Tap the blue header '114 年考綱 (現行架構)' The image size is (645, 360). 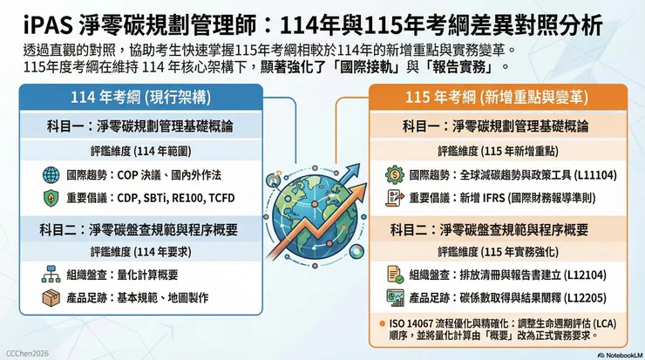[139, 98]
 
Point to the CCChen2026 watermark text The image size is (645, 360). [27, 353]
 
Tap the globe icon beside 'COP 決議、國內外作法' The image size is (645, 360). [50, 173]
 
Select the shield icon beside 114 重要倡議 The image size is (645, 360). [50, 198]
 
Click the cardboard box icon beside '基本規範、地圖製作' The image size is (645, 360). [50, 298]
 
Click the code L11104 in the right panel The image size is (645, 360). [592, 174]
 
